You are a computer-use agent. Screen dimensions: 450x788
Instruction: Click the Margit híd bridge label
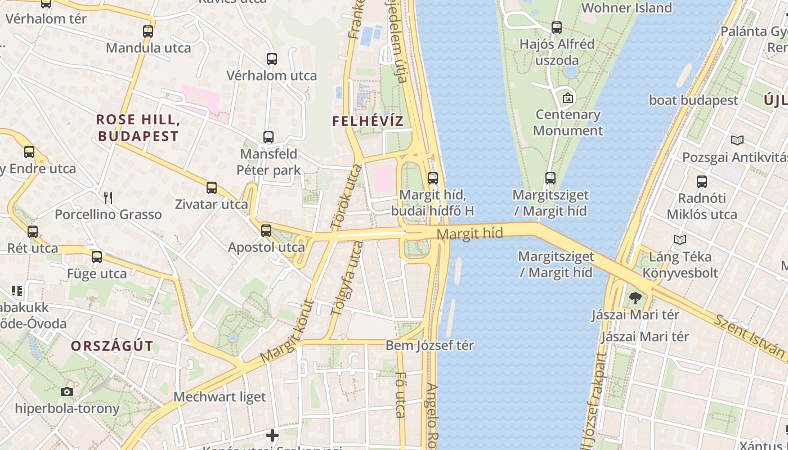click(469, 234)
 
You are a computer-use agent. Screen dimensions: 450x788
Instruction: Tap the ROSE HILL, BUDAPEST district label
click(138, 128)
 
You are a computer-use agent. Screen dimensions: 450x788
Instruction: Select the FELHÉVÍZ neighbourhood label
click(368, 121)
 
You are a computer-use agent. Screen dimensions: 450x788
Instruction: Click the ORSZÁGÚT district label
click(112, 346)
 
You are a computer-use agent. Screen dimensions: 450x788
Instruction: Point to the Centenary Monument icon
click(568, 98)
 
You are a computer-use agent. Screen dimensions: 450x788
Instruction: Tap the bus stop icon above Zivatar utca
click(212, 188)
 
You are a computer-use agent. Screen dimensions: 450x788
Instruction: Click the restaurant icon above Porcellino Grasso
click(108, 197)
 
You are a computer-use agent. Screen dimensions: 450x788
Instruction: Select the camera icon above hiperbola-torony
click(67, 391)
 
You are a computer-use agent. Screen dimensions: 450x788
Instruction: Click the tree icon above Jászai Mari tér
click(635, 298)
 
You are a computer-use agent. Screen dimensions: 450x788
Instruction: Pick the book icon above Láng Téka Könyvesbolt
click(680, 240)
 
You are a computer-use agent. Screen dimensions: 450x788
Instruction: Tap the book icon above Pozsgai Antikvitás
click(737, 141)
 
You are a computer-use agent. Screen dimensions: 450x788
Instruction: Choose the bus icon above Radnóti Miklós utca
click(701, 182)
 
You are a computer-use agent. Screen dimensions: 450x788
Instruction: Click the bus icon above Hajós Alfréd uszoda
click(557, 27)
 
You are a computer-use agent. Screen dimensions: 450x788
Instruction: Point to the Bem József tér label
click(429, 345)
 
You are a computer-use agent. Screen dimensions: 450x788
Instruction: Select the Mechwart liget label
click(220, 397)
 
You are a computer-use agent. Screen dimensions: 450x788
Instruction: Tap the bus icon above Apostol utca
click(266, 230)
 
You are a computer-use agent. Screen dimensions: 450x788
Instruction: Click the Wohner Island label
click(626, 8)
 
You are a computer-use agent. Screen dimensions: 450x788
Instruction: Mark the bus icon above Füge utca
click(97, 257)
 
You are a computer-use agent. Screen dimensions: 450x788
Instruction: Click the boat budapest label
click(693, 100)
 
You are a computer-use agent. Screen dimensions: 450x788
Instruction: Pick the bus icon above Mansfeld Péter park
click(268, 137)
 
